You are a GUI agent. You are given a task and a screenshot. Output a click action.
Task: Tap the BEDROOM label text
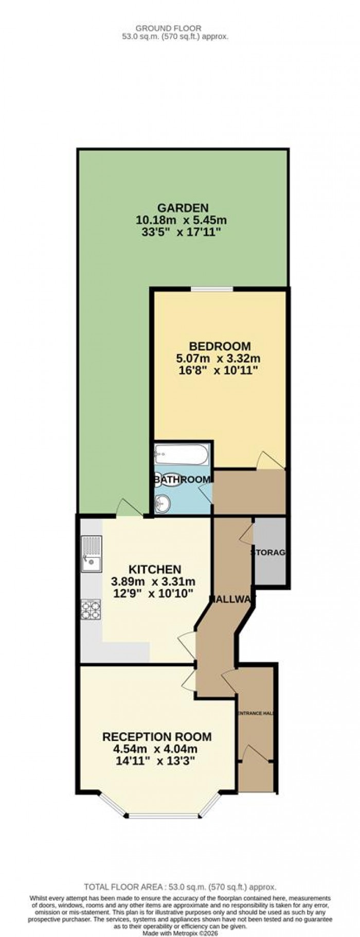(x=220, y=346)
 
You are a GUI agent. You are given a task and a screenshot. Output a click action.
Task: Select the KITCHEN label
(x=154, y=569)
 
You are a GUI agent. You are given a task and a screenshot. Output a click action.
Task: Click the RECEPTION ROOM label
(x=156, y=737)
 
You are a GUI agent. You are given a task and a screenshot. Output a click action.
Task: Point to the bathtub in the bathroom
(x=181, y=454)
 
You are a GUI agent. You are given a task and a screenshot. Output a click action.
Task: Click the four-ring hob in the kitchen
(x=91, y=610)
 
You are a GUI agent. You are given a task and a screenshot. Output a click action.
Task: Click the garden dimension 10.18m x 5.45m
(x=181, y=220)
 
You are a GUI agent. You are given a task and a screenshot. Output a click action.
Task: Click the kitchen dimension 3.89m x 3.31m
(x=153, y=581)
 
